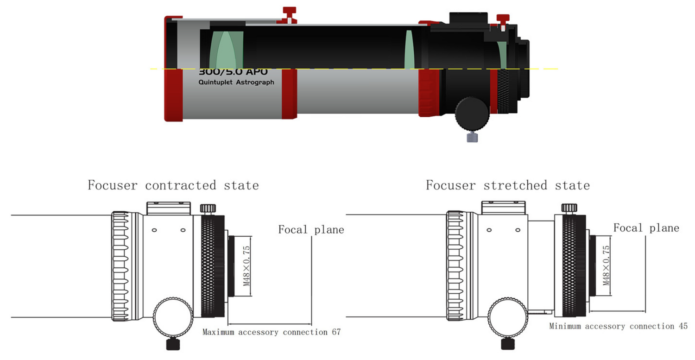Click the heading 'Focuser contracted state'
pos(173,185)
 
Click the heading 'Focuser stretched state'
pos(508,186)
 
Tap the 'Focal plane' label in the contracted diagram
pos(311,229)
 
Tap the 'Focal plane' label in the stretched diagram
pos(646,228)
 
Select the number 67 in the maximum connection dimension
pos(336,332)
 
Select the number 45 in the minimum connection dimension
pos(683,326)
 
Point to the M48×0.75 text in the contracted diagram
pos(246,266)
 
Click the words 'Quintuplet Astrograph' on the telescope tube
pos(236,82)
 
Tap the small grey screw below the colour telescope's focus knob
pos(472,137)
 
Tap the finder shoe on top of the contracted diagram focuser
pos(168,208)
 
